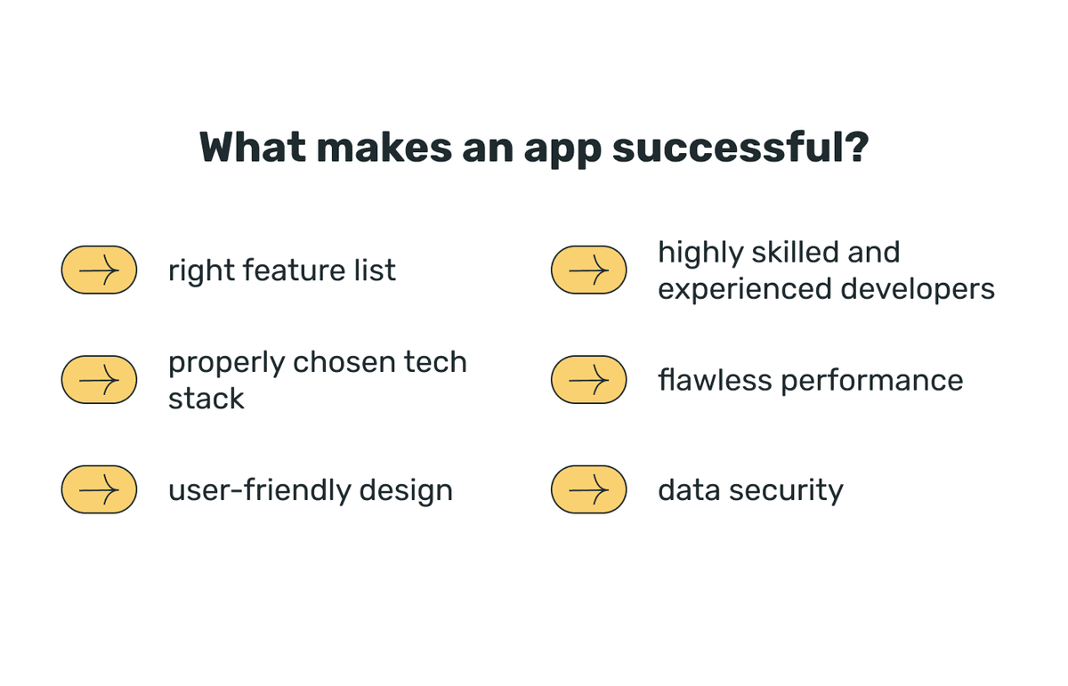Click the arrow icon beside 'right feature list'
click(99, 269)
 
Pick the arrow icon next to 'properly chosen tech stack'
click(99, 380)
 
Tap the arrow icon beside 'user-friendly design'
click(99, 489)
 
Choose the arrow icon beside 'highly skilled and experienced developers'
click(588, 269)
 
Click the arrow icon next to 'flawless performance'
click(588, 380)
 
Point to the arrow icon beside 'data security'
click(588, 489)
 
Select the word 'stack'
click(206, 399)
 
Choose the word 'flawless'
click(715, 380)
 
